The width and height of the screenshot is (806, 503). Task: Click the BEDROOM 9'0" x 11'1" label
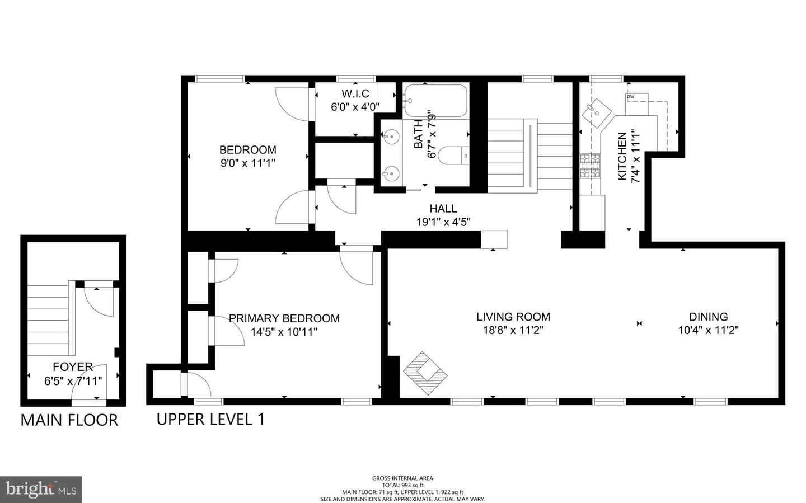(x=247, y=156)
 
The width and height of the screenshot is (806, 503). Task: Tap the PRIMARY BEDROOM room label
(x=284, y=325)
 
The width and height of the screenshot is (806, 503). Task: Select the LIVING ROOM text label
(x=513, y=323)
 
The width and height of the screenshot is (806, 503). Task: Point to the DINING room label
(x=708, y=323)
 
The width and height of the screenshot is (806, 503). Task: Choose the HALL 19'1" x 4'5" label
(x=443, y=215)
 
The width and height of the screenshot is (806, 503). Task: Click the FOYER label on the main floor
(x=73, y=373)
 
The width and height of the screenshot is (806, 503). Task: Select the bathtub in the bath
(x=435, y=101)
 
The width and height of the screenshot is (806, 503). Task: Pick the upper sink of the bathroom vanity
(x=391, y=136)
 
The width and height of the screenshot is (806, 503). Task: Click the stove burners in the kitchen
(x=590, y=166)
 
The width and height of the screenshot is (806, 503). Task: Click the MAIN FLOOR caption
(x=69, y=420)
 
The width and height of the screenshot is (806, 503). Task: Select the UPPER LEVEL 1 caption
(x=210, y=419)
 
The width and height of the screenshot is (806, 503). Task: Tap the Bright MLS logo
(x=41, y=490)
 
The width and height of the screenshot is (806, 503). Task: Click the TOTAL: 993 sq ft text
(x=402, y=485)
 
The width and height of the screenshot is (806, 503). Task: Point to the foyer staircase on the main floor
(x=49, y=317)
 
